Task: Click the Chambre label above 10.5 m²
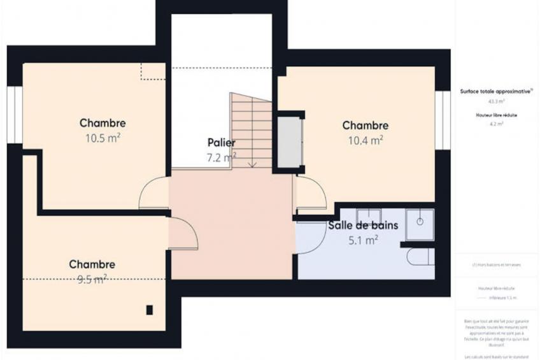103,123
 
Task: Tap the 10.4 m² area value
365,140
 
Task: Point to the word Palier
221,142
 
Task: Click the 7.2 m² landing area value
221,156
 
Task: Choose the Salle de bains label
363,225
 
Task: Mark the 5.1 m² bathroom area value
363,240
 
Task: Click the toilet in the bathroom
421,257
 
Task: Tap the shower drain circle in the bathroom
420,221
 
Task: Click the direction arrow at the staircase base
252,164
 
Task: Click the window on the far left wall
14,115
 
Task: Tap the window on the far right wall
443,120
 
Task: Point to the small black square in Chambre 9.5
150,310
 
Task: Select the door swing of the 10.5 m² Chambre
154,194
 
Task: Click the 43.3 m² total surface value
496,101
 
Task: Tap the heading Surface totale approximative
496,91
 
